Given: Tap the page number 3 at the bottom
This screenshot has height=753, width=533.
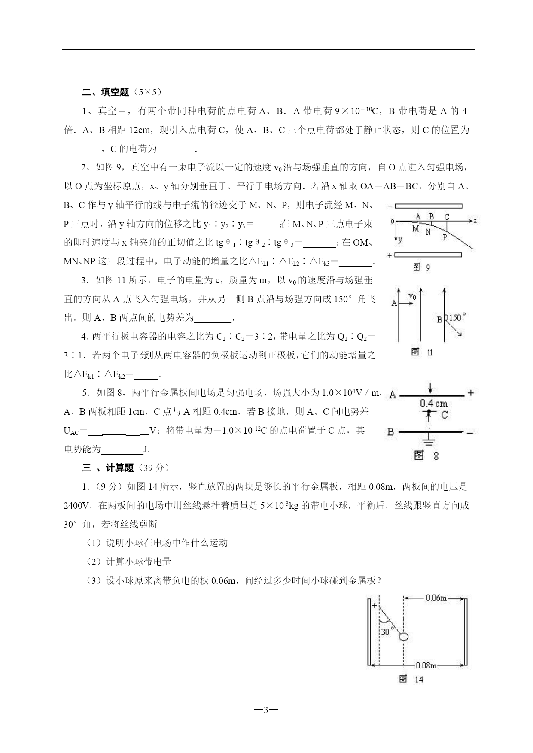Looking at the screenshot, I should tap(266, 710).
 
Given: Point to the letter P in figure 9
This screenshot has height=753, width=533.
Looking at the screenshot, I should tap(445, 237).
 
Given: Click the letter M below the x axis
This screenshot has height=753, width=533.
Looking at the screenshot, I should tap(415, 229).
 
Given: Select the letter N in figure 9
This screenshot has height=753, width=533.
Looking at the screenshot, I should tap(428, 232).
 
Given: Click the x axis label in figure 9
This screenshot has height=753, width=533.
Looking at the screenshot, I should tap(475, 220).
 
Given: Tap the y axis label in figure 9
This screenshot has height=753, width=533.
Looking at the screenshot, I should tap(400, 240).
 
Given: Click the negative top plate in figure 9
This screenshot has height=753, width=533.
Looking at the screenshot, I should tap(428, 206).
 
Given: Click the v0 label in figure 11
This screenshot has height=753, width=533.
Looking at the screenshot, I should tap(412, 296).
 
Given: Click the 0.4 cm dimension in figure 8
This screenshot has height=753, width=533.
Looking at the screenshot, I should tap(434, 403).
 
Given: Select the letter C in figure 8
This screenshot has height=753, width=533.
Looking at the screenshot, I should tap(445, 415).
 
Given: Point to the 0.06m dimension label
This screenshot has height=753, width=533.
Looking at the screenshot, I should tap(436, 598).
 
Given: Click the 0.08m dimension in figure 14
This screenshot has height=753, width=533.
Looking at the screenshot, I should tap(426, 665).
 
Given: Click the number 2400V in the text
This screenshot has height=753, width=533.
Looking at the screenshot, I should tap(76, 506).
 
